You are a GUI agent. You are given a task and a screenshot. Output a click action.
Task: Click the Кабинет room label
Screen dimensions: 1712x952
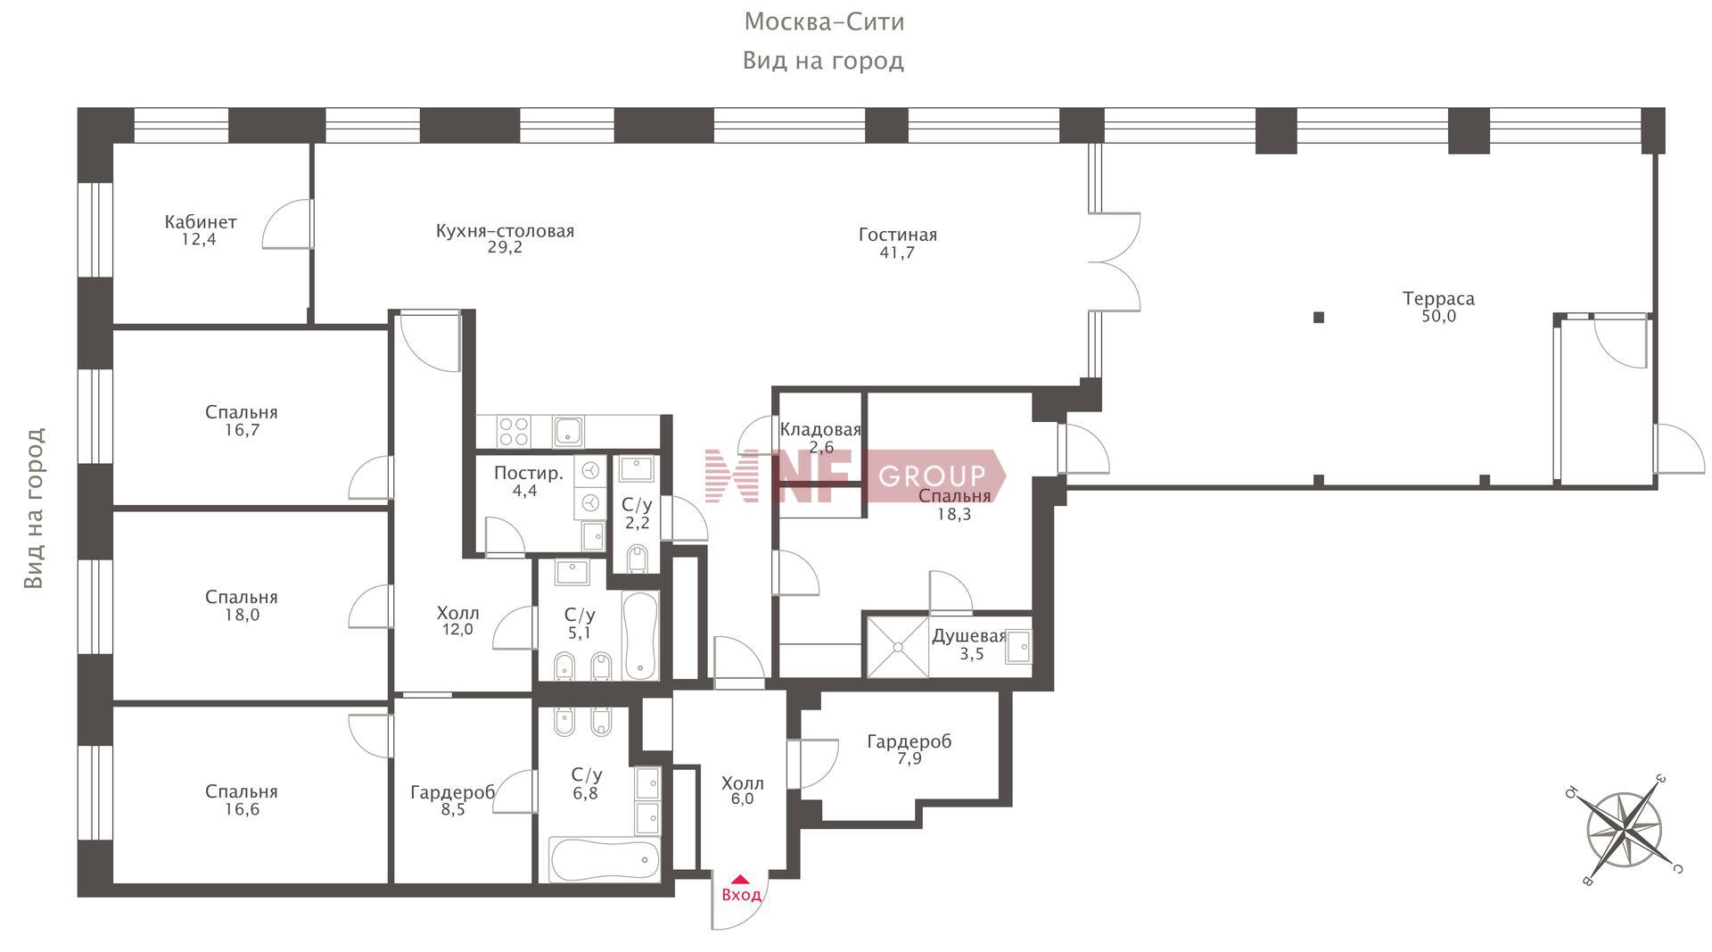coord(201,222)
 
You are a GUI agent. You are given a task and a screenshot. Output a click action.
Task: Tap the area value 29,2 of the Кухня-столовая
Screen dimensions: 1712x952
coord(505,248)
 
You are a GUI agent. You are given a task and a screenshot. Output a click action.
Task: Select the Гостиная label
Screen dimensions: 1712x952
coord(898,236)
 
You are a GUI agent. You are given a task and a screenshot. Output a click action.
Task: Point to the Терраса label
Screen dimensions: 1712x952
coord(1438,299)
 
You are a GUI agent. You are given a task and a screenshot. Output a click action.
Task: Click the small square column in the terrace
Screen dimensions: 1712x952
coord(1319,317)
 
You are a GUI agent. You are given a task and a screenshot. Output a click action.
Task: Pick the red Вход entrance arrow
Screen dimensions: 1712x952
coord(740,880)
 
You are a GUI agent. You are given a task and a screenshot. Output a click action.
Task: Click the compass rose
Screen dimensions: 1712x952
coord(1624,830)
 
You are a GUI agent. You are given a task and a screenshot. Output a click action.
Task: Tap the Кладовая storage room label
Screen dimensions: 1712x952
coord(820,429)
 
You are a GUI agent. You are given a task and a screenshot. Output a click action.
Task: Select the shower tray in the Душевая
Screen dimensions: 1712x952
coord(898,647)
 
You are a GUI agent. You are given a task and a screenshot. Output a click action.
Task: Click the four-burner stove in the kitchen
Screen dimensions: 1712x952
coord(513,432)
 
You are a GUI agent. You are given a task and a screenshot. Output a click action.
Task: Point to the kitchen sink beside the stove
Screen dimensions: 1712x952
coord(569,432)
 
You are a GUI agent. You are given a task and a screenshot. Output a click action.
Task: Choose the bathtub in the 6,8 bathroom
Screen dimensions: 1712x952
coord(605,859)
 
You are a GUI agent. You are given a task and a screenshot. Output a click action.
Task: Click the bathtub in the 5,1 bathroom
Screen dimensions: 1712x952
coord(640,634)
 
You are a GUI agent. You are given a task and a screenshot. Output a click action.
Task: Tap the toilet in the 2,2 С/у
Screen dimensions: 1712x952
coord(637,559)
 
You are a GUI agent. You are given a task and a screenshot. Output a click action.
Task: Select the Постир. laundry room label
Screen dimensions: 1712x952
coord(528,473)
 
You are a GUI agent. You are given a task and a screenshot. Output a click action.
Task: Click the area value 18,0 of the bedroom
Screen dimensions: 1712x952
coord(242,615)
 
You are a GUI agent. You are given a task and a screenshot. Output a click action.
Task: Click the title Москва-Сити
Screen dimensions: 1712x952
coord(824,21)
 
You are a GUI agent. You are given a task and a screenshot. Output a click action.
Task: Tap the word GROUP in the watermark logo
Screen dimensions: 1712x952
coord(933,476)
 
